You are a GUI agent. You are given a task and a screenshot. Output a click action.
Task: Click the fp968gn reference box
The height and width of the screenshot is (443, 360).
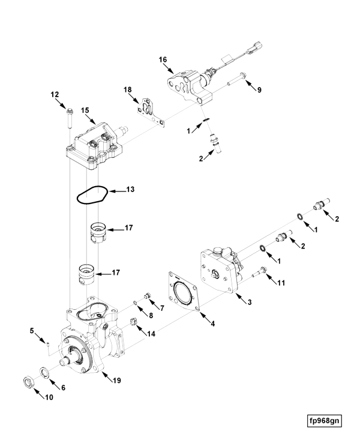(x=324, y=421)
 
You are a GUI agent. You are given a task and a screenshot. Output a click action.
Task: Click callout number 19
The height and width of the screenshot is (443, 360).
(x=116, y=381)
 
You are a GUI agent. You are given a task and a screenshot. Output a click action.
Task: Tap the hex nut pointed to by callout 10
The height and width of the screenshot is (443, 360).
(x=29, y=383)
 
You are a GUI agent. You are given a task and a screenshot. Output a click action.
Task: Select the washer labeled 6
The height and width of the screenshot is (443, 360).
(x=44, y=372)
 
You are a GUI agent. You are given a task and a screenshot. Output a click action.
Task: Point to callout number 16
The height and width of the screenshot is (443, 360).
(x=163, y=59)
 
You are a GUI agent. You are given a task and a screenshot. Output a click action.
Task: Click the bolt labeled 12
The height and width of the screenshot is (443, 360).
(x=70, y=118)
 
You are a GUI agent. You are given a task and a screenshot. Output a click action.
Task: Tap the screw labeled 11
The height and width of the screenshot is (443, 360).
(x=259, y=273)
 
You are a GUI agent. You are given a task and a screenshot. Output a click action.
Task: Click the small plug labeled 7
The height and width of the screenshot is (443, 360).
(x=146, y=296)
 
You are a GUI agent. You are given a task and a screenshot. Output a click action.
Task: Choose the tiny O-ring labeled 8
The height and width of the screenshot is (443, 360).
(x=135, y=303)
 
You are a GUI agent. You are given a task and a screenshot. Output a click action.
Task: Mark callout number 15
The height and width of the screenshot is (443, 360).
(x=85, y=110)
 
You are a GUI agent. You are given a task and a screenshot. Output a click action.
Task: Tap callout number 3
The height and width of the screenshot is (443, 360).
(x=250, y=303)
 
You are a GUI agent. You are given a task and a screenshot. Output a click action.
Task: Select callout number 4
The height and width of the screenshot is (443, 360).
(x=212, y=324)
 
